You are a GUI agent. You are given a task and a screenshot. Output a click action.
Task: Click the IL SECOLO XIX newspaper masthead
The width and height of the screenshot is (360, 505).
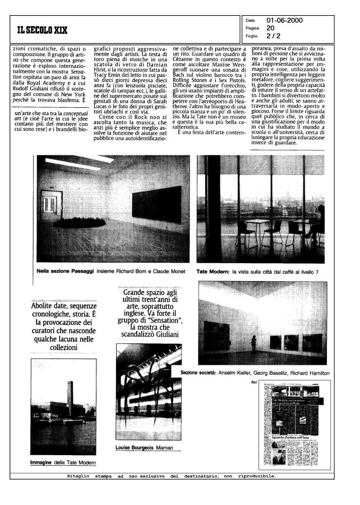43,30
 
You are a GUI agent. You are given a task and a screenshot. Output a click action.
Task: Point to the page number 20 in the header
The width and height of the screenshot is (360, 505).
270,27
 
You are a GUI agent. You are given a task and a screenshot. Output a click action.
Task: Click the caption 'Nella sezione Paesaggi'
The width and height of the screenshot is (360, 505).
61,271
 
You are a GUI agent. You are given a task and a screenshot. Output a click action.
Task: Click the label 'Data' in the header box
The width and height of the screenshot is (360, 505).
250,20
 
